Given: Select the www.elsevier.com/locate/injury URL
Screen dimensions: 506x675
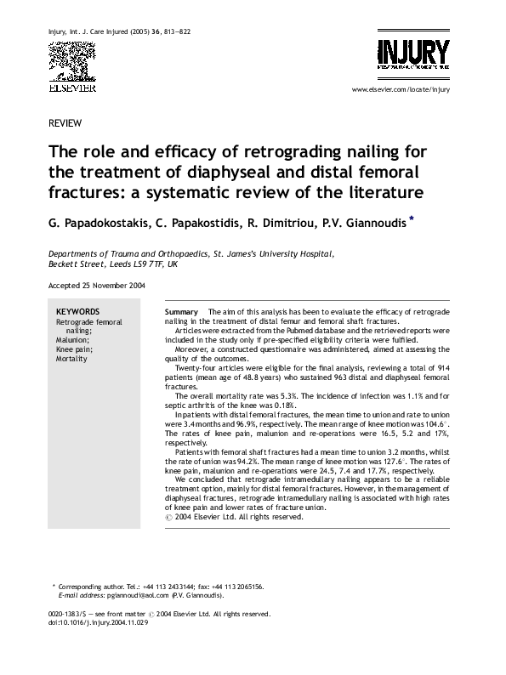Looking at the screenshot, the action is point(399,89).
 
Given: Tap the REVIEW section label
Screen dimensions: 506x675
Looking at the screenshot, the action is point(65,123).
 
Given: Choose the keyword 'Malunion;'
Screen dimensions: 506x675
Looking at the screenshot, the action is point(73,340).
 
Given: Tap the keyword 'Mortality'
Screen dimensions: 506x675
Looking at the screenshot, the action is point(72,359).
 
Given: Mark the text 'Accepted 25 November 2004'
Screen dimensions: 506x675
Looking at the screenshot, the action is point(96,286).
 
